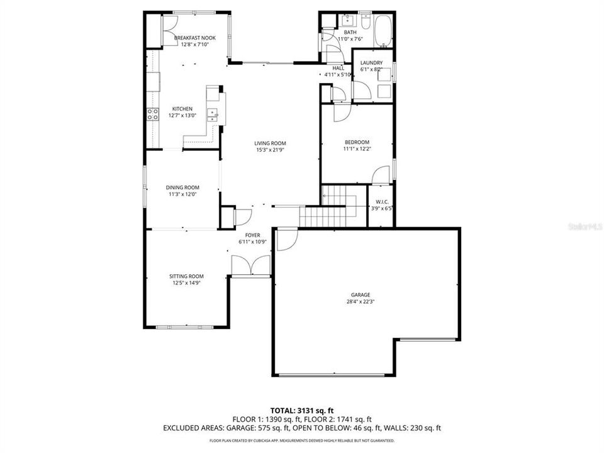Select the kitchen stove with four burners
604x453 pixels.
[152, 114]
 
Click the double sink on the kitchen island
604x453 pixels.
[214, 114]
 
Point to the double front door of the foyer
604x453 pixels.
[251, 266]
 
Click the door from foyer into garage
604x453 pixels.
[284, 240]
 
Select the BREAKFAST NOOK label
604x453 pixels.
[194, 38]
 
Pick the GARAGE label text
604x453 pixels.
[361, 294]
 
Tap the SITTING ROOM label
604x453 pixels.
[186, 276]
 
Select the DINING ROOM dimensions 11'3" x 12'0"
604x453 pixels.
[182, 194]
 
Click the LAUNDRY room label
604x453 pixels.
[371, 63]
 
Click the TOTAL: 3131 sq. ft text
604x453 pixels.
[302, 409]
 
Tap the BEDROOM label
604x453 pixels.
[356, 142]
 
